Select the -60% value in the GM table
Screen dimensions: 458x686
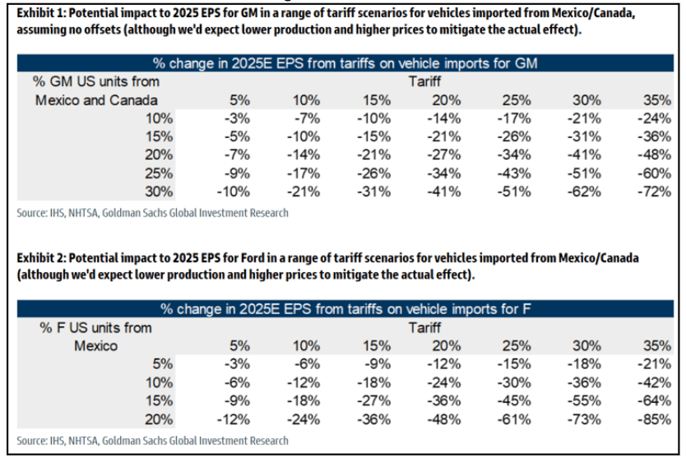656,173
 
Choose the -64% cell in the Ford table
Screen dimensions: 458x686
656,399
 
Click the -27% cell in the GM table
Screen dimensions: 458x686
443,155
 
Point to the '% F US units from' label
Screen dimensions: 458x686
95,327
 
